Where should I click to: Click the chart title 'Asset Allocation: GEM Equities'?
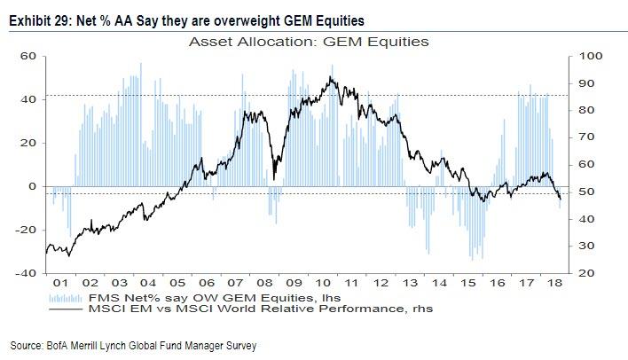point(301,42)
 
